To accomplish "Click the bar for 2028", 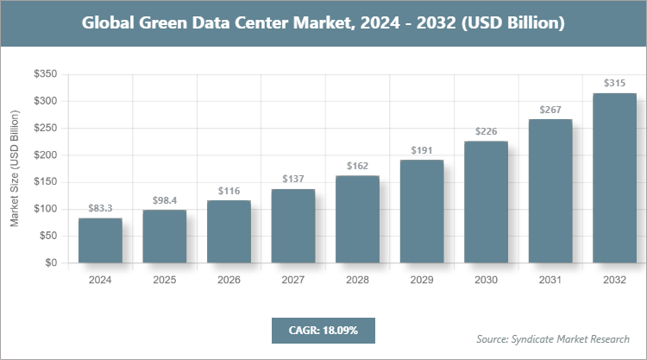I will [357, 219].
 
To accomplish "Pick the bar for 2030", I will [486, 202].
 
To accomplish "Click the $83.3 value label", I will [100, 209].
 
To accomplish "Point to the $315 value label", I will [614, 84].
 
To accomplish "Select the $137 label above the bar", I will [292, 179].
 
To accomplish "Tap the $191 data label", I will [421, 149].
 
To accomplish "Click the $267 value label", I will [550, 110].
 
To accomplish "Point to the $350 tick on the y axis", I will [45, 75].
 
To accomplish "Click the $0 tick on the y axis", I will [51, 262].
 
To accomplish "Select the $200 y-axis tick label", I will [45, 155].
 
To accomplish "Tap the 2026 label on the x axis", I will [229, 280].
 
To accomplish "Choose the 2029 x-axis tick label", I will [421, 280].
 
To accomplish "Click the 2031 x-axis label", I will [550, 280].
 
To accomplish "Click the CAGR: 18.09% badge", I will [323, 330].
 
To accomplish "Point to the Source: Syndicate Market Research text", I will [553, 338].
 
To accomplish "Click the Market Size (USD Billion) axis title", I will [14, 168].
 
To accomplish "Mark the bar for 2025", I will [164, 236].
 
